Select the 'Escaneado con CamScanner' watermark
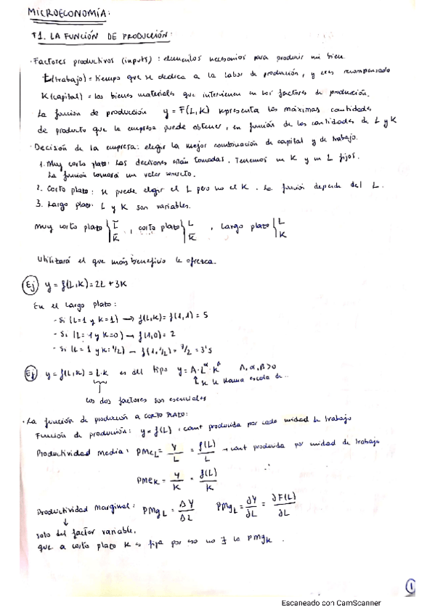tap(330, 603)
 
